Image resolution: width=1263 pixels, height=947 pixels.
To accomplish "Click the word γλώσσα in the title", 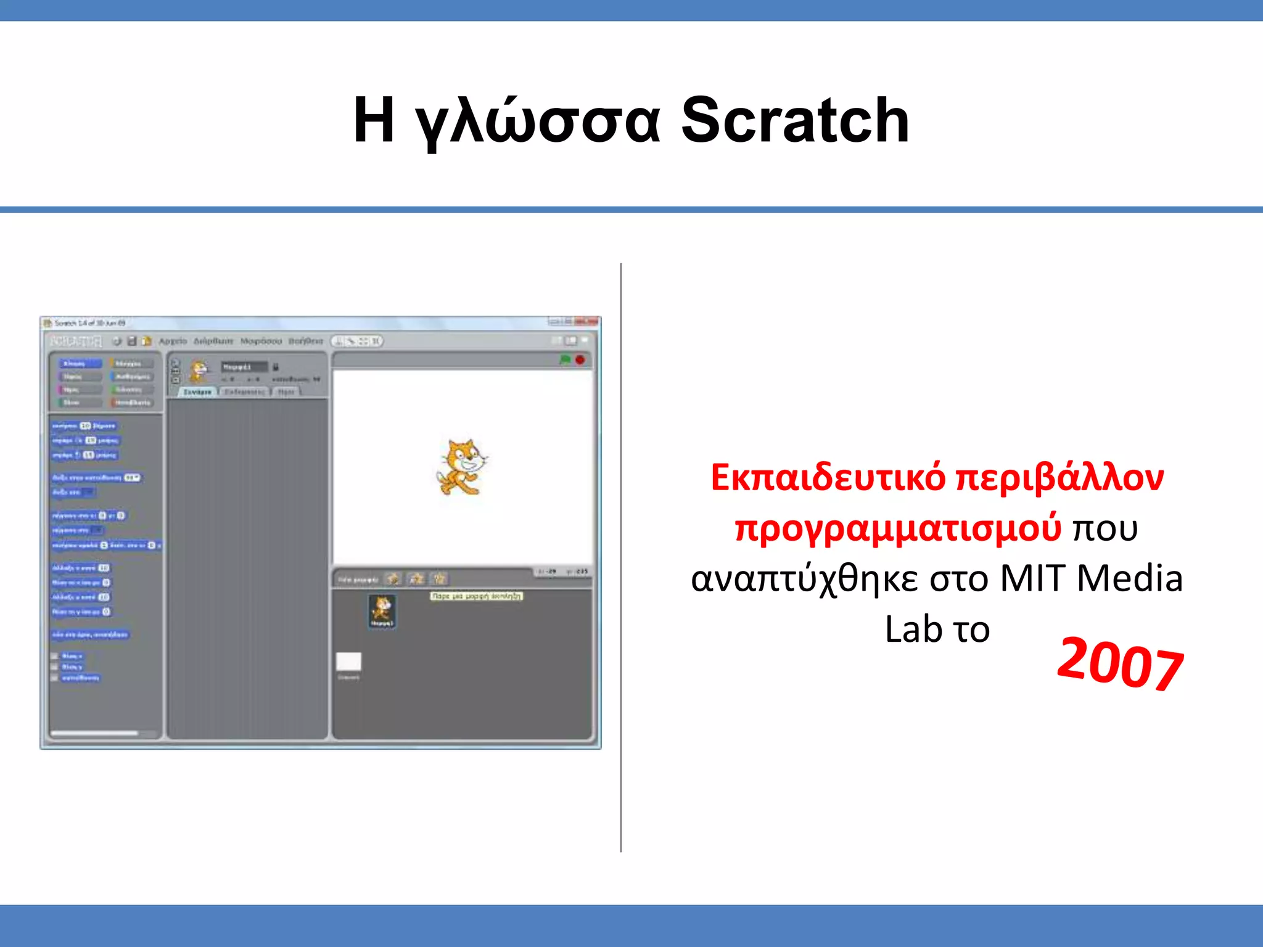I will pos(537,121).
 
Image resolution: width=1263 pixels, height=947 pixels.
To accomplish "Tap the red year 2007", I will pos(1120,663).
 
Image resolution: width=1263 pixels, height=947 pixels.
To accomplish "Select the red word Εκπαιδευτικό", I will pos(828,477).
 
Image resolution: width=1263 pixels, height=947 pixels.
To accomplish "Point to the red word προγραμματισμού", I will pos(898,528).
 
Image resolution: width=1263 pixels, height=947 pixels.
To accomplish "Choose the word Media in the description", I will pos(1130,578).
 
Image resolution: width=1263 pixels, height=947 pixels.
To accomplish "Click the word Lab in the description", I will pos(913,629).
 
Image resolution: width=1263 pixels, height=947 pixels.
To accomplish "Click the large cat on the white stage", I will pos(463,467).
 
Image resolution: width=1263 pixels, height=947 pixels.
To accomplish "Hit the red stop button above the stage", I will pos(580,359).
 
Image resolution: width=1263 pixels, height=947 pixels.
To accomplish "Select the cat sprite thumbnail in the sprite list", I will pos(382,610).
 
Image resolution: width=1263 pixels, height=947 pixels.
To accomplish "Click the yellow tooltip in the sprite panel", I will pos(476,596).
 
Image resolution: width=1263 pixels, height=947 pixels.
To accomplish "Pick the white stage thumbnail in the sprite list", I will pos(348,662).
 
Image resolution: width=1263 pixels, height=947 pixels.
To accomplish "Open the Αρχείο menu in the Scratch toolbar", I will pos(173,341).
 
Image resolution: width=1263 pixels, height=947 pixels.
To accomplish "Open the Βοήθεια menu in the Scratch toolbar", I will pos(306,341).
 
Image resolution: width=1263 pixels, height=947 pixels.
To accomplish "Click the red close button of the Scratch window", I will pos(593,321).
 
